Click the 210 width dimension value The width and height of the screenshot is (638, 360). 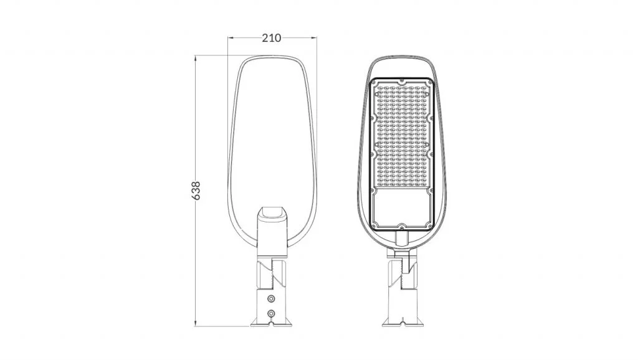(x=271, y=38)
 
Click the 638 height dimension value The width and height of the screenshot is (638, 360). (x=196, y=191)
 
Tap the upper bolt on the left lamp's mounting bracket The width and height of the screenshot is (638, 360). (x=271, y=299)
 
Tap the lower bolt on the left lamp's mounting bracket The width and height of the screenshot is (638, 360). (x=271, y=313)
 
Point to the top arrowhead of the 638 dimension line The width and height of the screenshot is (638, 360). (x=196, y=59)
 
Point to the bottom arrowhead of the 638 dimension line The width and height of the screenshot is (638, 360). (x=196, y=323)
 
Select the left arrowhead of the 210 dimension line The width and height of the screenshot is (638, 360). (x=231, y=38)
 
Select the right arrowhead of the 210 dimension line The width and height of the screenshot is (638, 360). (x=314, y=38)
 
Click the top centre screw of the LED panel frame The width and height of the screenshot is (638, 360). (x=402, y=80)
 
